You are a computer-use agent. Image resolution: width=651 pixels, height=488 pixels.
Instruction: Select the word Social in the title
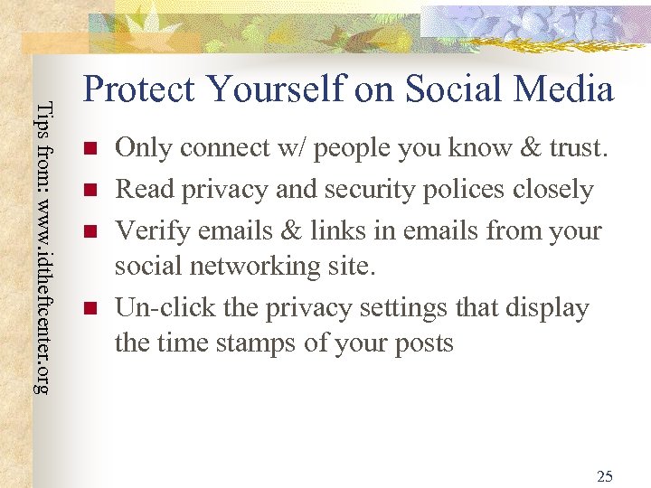452,89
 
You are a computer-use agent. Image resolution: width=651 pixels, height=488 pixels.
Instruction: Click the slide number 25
605,475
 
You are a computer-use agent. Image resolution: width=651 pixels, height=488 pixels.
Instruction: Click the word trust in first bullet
572,148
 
